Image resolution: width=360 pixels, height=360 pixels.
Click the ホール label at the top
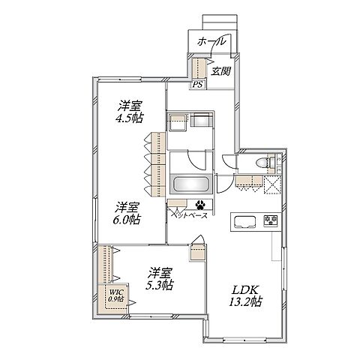(211, 42)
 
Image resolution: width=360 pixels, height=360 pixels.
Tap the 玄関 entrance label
(220, 71)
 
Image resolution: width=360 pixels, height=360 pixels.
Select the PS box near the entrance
(198, 85)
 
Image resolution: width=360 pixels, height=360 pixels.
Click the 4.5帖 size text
(129, 118)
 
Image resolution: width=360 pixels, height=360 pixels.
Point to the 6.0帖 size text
(127, 220)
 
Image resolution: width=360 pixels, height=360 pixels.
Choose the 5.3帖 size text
(159, 285)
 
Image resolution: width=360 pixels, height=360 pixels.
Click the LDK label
(245, 290)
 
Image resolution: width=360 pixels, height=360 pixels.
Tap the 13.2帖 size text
(245, 301)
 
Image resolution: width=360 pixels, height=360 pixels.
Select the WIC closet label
(115, 292)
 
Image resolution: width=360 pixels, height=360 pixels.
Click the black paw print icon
(200, 205)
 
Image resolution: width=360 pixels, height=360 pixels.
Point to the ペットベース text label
(189, 215)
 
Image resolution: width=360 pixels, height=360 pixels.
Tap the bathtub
(191, 184)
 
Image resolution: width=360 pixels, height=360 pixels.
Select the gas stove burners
(270, 220)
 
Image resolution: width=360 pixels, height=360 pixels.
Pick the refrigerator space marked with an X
(272, 184)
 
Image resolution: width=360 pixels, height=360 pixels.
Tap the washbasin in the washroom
(178, 121)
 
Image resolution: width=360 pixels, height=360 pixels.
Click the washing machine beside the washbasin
(201, 121)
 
